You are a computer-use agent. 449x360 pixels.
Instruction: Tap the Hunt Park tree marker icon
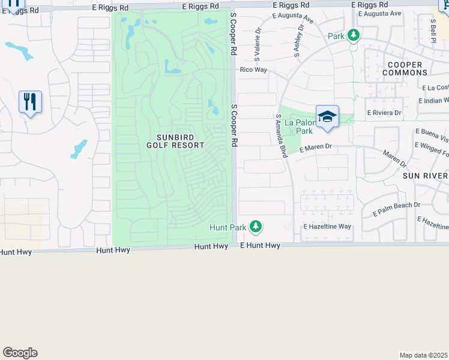tap(256, 226)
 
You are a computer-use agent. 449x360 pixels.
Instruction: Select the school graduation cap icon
tap(327, 116)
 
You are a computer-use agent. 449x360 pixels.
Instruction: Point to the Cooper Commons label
tap(405, 68)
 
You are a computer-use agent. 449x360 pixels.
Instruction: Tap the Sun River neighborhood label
tap(425, 175)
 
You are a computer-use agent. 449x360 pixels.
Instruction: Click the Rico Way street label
tap(253, 70)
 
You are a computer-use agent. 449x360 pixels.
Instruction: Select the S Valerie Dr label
tap(258, 42)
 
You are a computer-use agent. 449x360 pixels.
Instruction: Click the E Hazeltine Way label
tap(327, 227)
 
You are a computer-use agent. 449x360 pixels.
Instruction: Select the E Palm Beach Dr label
tap(396, 209)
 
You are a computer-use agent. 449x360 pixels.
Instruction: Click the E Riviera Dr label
tap(384, 113)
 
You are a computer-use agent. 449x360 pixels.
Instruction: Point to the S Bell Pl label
tap(432, 30)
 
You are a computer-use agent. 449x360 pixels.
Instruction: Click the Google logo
tap(20, 353)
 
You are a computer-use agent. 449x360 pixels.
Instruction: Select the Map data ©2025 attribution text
tap(424, 355)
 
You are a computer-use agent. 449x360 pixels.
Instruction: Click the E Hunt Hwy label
tap(260, 245)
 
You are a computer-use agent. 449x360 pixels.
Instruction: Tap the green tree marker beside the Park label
tap(354, 35)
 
